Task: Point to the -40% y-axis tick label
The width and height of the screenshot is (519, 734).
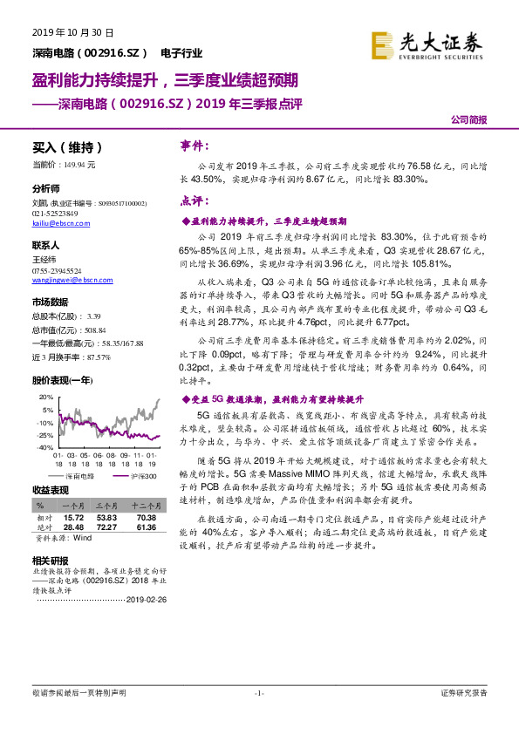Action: (x=44, y=446)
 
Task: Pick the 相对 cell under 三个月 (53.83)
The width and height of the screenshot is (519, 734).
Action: (x=106, y=517)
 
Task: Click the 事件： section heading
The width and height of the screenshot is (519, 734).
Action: (x=195, y=146)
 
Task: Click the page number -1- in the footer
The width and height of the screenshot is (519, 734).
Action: (x=258, y=693)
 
